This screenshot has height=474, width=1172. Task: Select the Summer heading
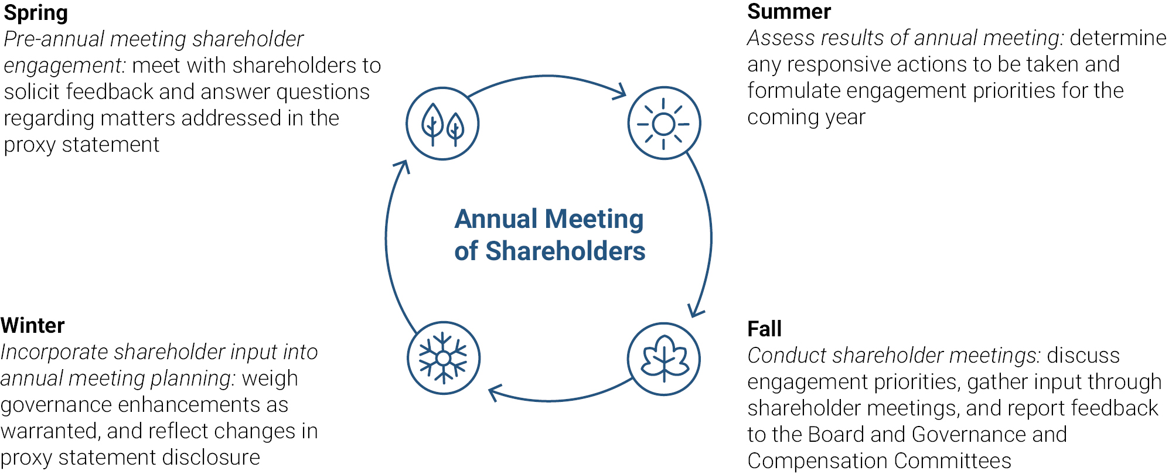[789, 12]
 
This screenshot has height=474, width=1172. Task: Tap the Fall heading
[764, 329]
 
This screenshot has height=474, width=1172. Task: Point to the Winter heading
[33, 325]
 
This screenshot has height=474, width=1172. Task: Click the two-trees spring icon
[442, 124]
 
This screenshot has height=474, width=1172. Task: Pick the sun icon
[664, 123]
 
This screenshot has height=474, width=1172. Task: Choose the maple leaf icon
[664, 359]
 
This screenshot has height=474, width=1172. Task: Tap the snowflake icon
[444, 358]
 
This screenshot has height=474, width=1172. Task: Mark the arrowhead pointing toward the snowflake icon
[496, 393]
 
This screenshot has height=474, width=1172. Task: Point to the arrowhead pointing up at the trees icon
[401, 168]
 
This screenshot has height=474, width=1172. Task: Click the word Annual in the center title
[496, 219]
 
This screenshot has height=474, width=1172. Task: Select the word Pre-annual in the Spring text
[54, 39]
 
